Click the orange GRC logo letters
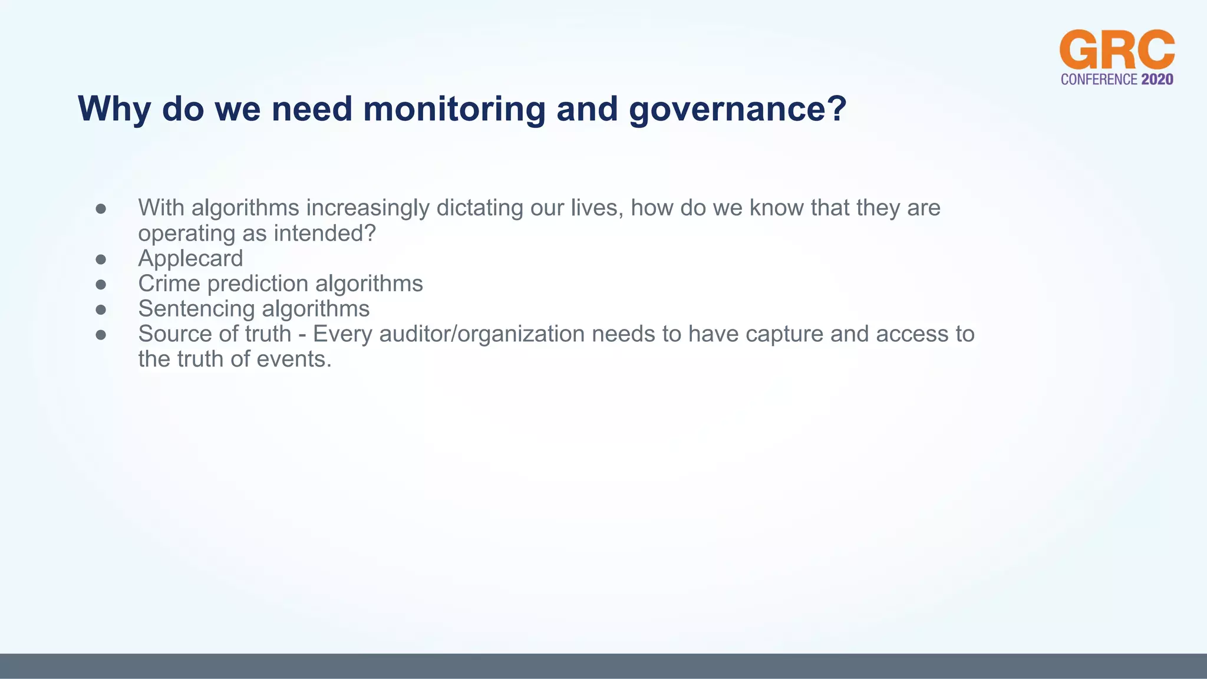[1117, 50]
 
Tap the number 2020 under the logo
[1157, 80]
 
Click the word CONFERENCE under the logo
[1099, 80]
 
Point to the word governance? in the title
[737, 109]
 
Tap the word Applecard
[190, 259]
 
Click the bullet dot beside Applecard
[101, 259]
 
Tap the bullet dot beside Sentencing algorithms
[101, 309]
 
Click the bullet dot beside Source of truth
[101, 335]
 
